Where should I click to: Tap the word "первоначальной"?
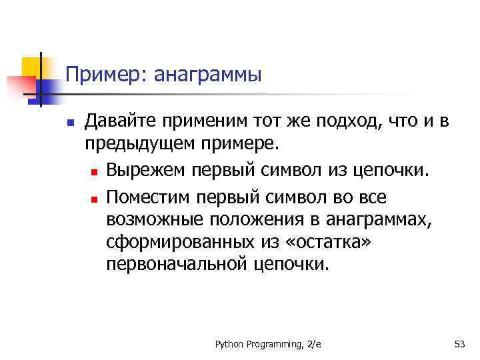pyautogui.click(x=176, y=265)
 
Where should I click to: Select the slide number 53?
pyautogui.click(x=459, y=344)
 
